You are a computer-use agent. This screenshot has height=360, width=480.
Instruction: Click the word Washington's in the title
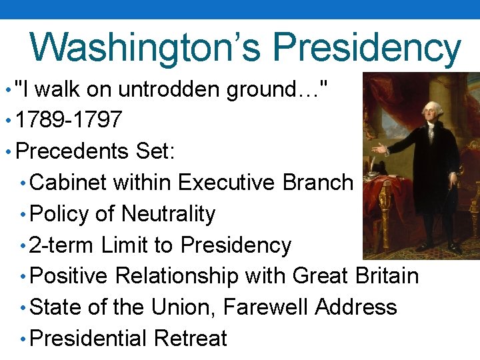click(x=147, y=47)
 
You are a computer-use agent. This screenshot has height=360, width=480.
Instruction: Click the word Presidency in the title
click(x=367, y=47)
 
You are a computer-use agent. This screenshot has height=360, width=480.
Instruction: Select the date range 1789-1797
click(x=69, y=120)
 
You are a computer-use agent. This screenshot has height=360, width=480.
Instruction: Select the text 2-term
click(x=62, y=245)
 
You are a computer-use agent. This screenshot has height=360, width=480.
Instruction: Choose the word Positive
click(x=71, y=275)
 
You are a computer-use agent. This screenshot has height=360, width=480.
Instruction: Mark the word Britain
click(x=387, y=275)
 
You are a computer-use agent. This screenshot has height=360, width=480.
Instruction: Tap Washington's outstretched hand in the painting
click(x=379, y=149)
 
